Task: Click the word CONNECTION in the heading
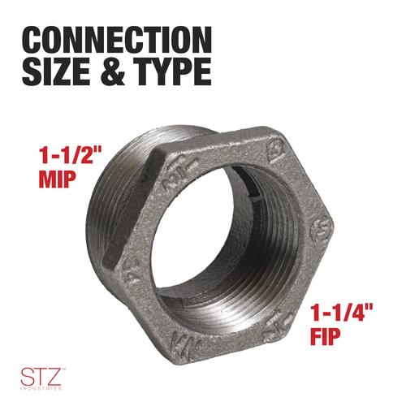tap(117, 40)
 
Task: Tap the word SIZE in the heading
tap(56, 71)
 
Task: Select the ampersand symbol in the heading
tap(113, 71)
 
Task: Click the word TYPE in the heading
tap(174, 71)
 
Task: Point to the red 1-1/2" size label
tap(70, 155)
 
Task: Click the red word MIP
tap(57, 179)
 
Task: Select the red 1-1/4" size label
tap(341, 313)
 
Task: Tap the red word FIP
tap(326, 336)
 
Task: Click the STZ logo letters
tap(41, 376)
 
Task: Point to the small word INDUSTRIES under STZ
tap(41, 389)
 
